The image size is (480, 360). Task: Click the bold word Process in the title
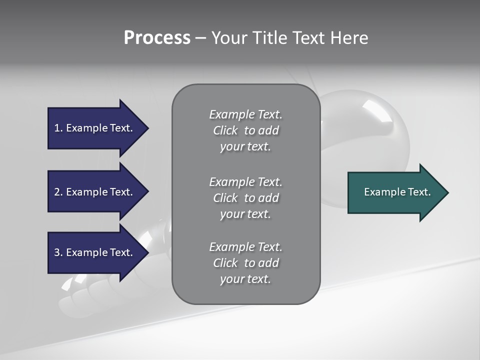(157, 38)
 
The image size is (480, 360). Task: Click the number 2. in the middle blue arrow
(58, 192)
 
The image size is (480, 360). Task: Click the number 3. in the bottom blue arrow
(58, 252)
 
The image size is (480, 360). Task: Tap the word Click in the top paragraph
(225, 130)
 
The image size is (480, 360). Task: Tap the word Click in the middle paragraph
(225, 198)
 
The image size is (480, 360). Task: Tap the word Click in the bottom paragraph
(225, 263)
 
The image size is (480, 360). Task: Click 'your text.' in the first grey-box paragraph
(245, 147)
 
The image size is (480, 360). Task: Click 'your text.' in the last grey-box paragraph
(245, 279)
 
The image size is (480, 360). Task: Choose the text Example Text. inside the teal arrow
(397, 192)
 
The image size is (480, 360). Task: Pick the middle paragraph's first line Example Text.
(245, 181)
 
